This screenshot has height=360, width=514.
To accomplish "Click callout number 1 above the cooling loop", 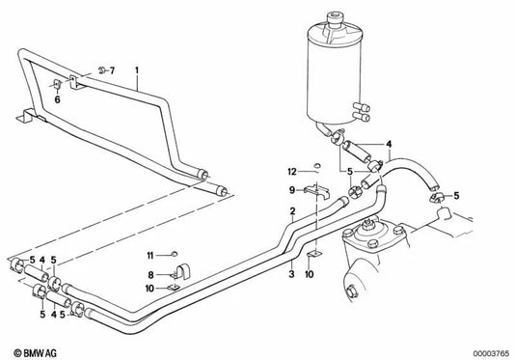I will point(137,70).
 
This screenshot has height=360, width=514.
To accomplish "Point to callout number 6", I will point(57,99).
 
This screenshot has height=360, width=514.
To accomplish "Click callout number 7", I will point(112,71).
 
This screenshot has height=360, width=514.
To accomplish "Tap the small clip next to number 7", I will point(98,69).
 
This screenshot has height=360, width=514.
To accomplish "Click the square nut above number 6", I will point(57,84).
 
